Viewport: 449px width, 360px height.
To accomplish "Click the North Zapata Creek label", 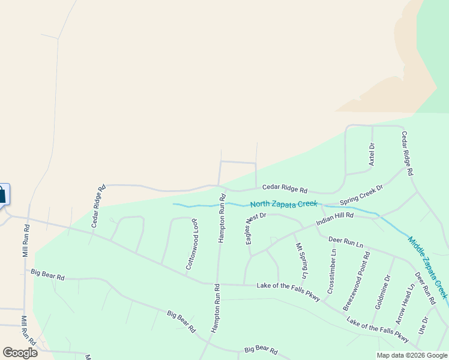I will click(283, 204).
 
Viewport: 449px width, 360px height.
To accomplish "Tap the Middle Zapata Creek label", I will click(427, 267).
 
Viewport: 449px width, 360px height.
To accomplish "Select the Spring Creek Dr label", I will click(361, 194).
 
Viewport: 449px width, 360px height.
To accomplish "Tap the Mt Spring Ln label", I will click(301, 260).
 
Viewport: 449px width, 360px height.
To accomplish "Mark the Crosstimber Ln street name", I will click(332, 271).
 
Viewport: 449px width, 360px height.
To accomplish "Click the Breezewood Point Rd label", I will click(356, 281).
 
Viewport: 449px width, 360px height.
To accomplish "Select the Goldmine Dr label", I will click(382, 291).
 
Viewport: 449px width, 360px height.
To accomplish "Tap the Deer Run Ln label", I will click(346, 242).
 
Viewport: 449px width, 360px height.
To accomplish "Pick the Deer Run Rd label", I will click(425, 288).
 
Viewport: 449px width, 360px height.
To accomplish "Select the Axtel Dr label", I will click(372, 154).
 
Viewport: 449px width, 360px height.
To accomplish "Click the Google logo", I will click(20, 352).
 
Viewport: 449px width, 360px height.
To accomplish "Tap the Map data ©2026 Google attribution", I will click(412, 355).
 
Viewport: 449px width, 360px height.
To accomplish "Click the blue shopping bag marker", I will click(2, 194).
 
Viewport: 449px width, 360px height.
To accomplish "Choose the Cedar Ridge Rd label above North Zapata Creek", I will click(285, 188).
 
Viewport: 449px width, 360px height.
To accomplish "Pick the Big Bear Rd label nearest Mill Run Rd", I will click(47, 275).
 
